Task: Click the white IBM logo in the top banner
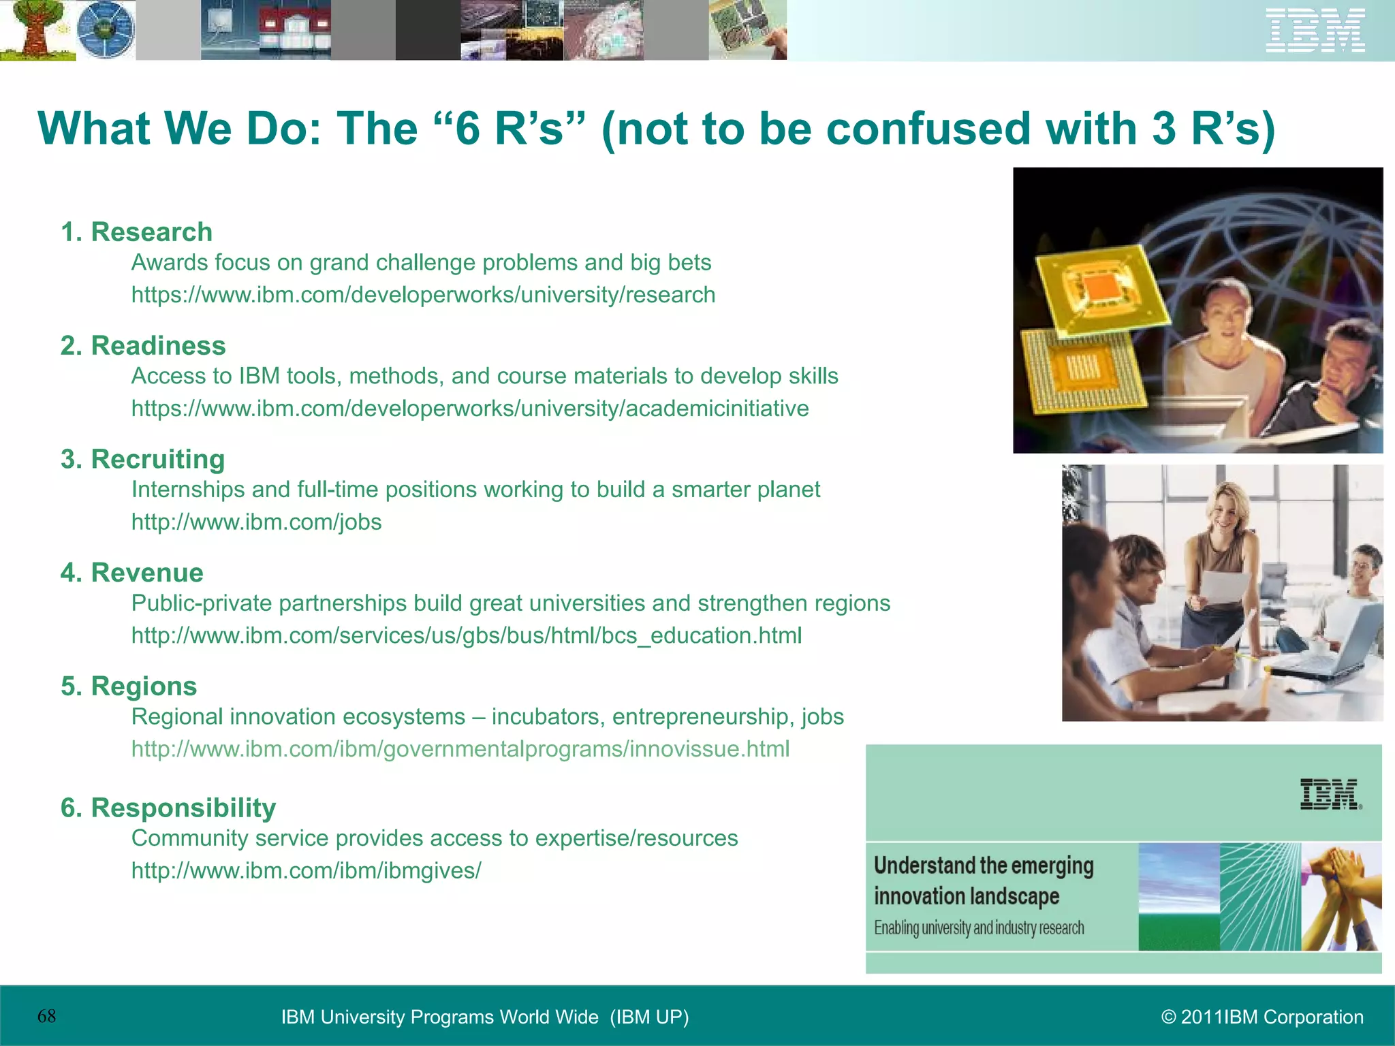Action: click(x=1315, y=30)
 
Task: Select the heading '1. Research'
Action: click(x=136, y=232)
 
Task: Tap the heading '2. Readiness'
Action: click(x=143, y=346)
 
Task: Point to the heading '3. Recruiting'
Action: click(x=142, y=460)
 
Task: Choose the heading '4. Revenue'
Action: click(x=131, y=573)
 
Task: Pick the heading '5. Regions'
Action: click(x=129, y=686)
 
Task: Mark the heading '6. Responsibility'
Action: click(x=168, y=808)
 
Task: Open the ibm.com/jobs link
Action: click(x=256, y=522)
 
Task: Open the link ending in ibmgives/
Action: click(x=306, y=870)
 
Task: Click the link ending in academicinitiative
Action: click(x=470, y=409)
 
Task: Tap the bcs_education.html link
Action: click(x=466, y=635)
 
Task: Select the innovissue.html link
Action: click(x=460, y=749)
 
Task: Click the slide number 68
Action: click(x=47, y=1017)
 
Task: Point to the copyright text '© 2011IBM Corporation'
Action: click(x=1262, y=1017)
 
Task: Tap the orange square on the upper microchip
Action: click(x=1097, y=289)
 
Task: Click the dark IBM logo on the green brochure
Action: click(x=1330, y=794)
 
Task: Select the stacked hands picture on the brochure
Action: click(x=1341, y=896)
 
